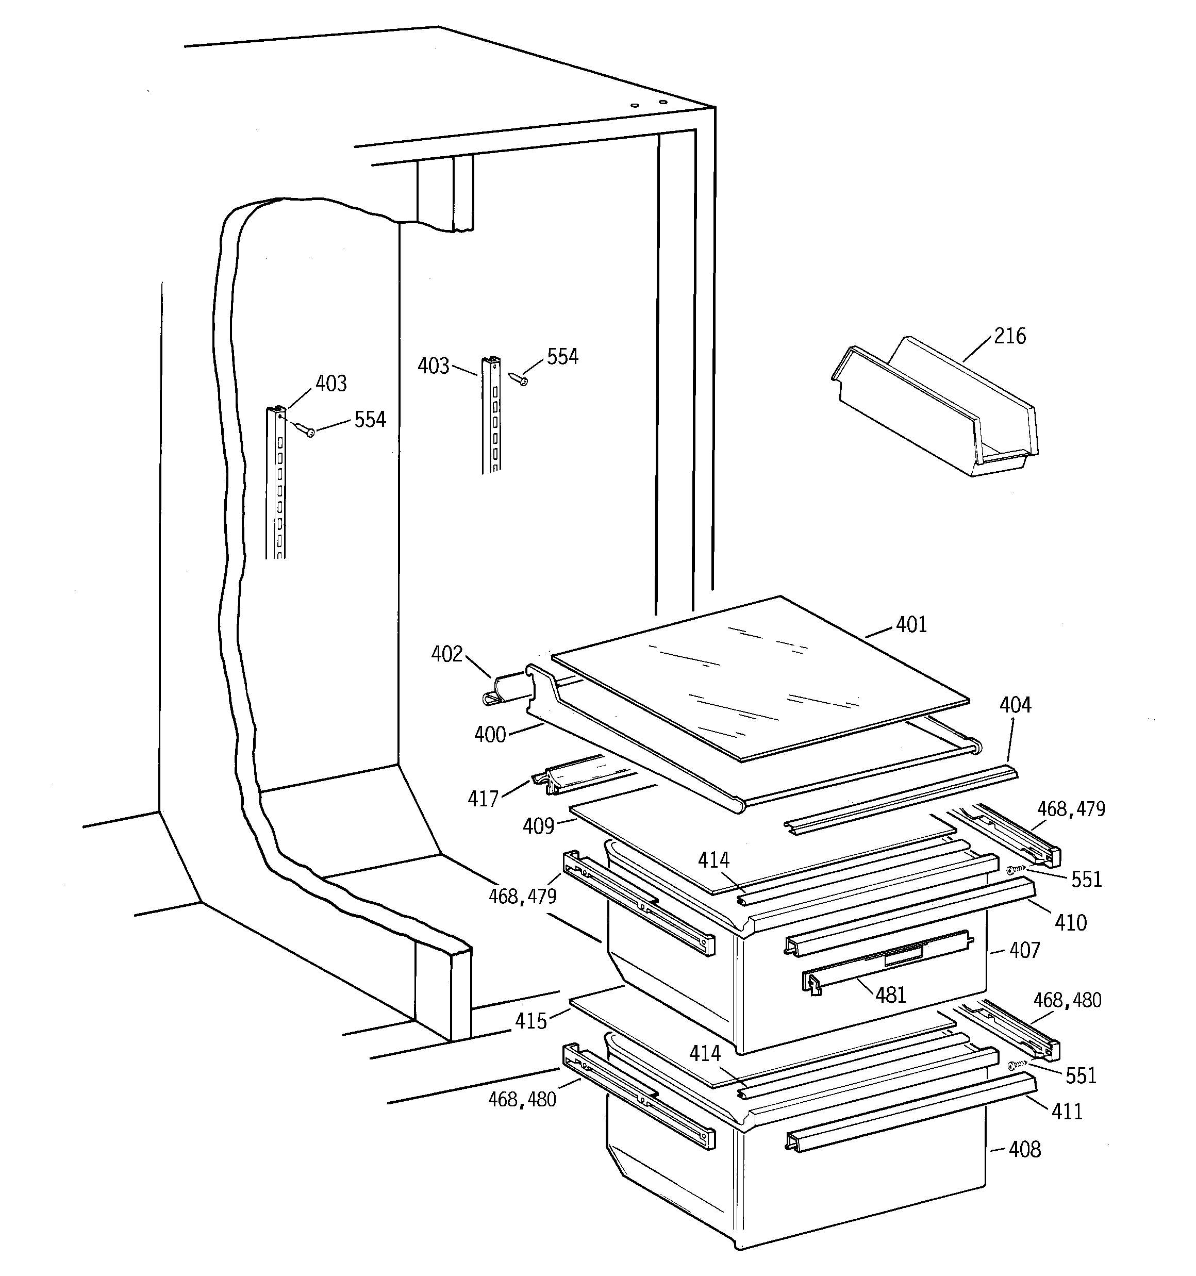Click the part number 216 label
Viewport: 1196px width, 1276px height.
tap(1010, 336)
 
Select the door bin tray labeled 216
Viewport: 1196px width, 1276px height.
tap(934, 411)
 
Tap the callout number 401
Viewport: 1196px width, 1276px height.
tap(911, 624)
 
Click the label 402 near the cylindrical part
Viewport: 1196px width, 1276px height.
tap(447, 654)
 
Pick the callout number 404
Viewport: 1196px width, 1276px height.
tap(1015, 705)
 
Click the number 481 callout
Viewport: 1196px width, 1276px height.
tap(890, 996)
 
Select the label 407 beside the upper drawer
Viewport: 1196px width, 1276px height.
tap(1025, 950)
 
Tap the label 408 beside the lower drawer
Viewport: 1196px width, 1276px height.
tap(1025, 1149)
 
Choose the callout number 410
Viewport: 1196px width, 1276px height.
tap(1070, 923)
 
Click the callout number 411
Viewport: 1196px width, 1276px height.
tap(1067, 1112)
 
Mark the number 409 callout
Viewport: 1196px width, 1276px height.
tap(538, 826)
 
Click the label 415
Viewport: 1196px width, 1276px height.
tap(531, 1021)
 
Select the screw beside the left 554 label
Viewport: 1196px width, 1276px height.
tap(305, 429)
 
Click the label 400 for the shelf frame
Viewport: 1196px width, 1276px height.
tap(490, 735)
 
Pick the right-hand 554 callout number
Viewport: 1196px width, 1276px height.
tap(562, 357)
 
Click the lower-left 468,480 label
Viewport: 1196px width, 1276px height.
tap(522, 1100)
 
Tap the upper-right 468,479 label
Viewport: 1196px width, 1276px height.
tap(1071, 809)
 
